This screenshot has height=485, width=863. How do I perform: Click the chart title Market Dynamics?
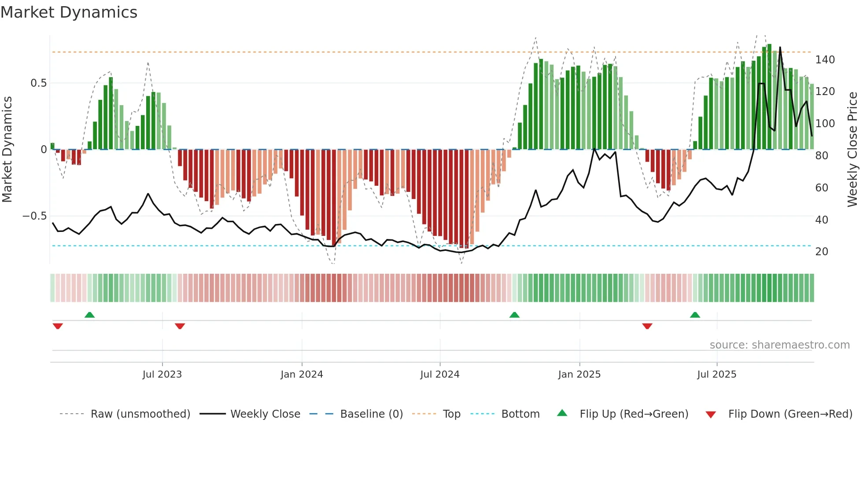[69, 12]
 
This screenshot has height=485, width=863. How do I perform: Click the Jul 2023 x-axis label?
[162, 375]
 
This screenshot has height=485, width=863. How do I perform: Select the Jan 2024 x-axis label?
[302, 375]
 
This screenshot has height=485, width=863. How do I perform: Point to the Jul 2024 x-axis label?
[440, 375]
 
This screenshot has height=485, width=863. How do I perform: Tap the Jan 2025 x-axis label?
[579, 375]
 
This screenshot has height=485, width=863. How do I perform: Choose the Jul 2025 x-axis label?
[717, 375]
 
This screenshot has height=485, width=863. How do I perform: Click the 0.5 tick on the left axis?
[38, 83]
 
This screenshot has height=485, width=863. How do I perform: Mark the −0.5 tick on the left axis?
[35, 216]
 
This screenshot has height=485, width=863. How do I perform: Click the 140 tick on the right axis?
[825, 60]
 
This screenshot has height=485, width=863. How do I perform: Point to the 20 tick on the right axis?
[822, 252]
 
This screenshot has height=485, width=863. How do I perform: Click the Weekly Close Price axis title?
[852, 150]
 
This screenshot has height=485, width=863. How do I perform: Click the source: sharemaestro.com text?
[779, 345]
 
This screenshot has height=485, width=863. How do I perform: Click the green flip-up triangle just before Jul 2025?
[695, 315]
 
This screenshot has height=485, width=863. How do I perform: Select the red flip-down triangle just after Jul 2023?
[180, 326]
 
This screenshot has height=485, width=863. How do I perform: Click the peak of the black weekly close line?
[780, 48]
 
